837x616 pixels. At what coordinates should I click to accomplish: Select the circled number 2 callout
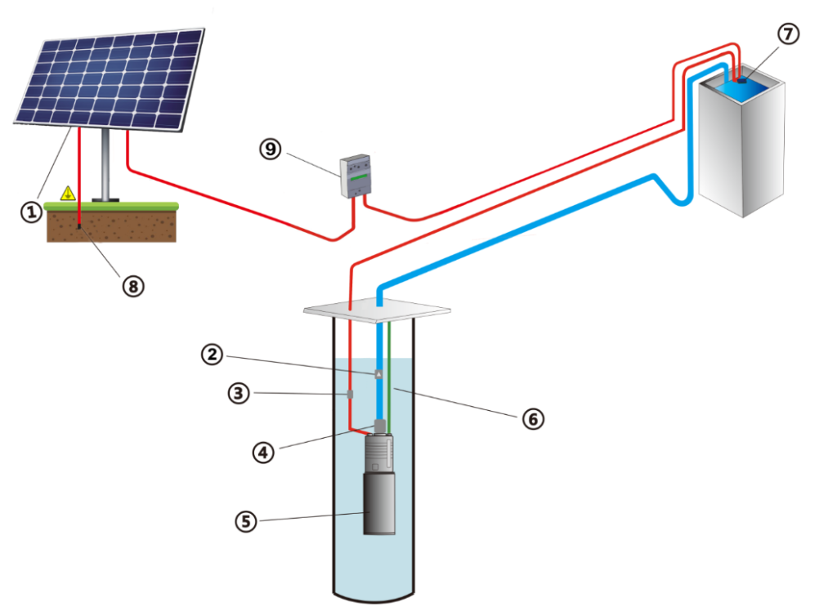(212, 355)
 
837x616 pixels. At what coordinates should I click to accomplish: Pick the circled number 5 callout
(244, 520)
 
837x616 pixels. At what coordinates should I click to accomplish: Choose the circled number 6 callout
(532, 419)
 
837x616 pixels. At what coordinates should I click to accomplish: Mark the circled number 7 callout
(788, 34)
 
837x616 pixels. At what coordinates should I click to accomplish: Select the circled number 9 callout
(270, 150)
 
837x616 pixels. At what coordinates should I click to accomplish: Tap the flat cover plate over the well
(377, 310)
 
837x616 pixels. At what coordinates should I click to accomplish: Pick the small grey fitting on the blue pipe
(378, 374)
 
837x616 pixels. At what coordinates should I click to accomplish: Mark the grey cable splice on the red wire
(350, 395)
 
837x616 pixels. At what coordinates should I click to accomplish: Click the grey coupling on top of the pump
(379, 426)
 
